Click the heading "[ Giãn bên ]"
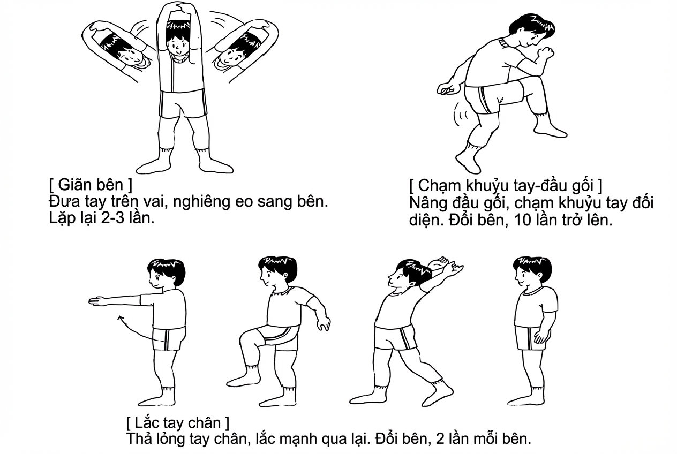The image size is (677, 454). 90,186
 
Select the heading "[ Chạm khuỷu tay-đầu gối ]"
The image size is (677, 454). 505,186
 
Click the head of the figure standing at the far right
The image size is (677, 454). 530,270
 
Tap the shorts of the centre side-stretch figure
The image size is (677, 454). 183,104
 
